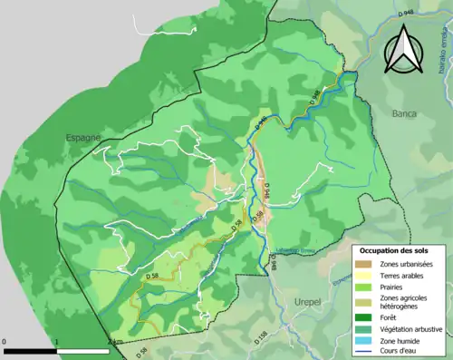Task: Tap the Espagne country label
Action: [x=84, y=137]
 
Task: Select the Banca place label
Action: [x=404, y=114]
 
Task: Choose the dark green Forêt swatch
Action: [x=366, y=316]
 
